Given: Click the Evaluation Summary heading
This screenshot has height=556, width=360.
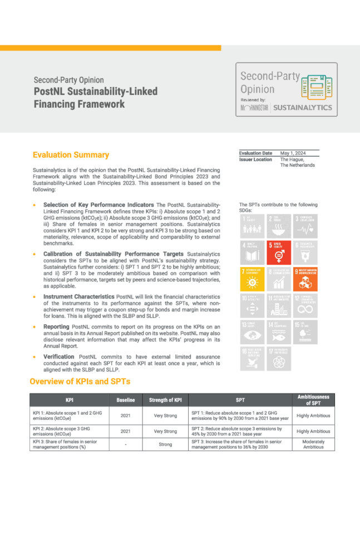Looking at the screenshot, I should pyautogui.click(x=71, y=155).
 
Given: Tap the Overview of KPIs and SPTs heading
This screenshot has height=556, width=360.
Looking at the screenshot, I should pyautogui.click(x=80, y=381).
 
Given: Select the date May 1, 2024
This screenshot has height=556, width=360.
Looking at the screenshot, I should pyautogui.click(x=293, y=153).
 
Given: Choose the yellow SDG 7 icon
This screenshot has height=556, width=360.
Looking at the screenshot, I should pyautogui.click(x=251, y=280).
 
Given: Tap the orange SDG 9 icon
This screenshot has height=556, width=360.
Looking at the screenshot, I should pyautogui.click(x=305, y=280).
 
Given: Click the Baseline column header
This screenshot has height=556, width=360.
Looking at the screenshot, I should pyautogui.click(x=126, y=400).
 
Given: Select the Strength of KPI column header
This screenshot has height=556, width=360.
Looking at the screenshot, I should pyautogui.click(x=165, y=400).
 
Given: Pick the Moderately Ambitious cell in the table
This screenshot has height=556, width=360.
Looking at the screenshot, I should pyautogui.click(x=313, y=444).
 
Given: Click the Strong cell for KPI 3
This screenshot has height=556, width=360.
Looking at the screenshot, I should pyautogui.click(x=165, y=444).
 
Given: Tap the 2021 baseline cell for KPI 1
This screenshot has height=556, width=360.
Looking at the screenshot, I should pyautogui.click(x=126, y=415).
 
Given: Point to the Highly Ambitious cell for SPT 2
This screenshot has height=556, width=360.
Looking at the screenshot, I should pyautogui.click(x=313, y=431).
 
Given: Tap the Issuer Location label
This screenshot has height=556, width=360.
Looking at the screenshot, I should pyautogui.click(x=255, y=159).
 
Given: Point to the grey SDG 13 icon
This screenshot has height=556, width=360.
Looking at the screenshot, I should pyautogui.click(x=251, y=333).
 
